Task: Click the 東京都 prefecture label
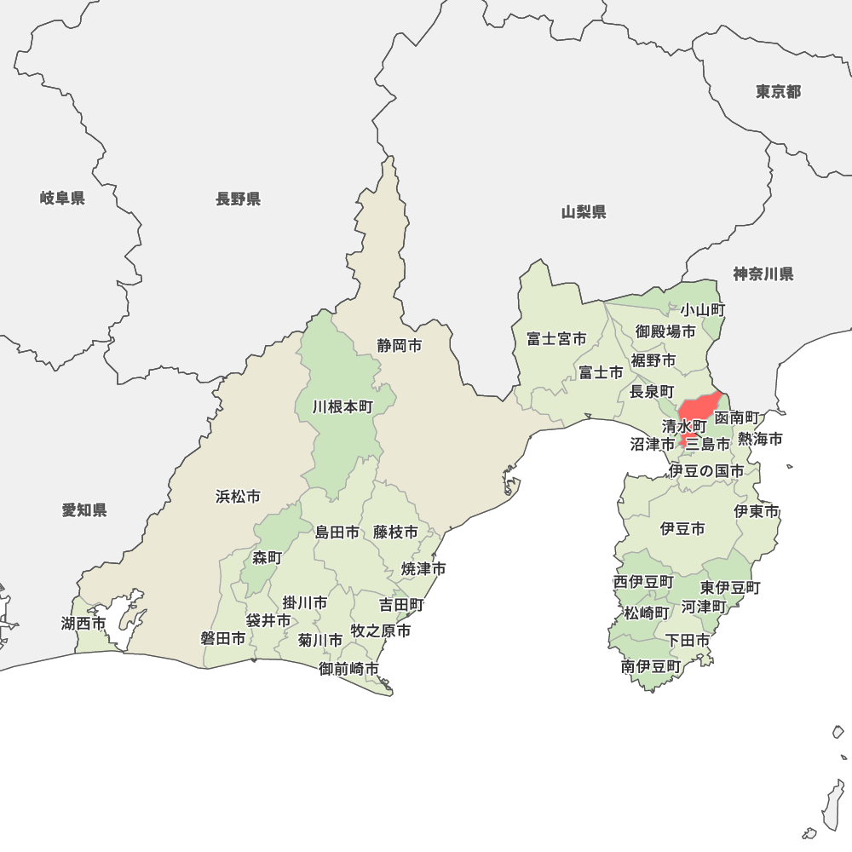[778, 91]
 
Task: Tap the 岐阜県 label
[62, 199]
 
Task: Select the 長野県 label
[238, 199]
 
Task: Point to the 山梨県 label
[584, 211]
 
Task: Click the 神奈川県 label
[763, 273]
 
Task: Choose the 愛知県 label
[84, 509]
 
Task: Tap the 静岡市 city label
[400, 346]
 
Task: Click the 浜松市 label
[238, 496]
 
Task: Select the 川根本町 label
[343, 406]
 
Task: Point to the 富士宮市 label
[556, 338]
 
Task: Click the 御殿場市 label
[665, 331]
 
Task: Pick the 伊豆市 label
[682, 528]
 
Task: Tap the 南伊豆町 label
[651, 666]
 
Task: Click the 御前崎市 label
[349, 669]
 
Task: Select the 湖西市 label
[83, 623]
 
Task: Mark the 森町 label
[267, 557]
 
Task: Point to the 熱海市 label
[760, 439]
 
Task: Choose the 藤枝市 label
[396, 532]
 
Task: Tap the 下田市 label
[688, 639]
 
